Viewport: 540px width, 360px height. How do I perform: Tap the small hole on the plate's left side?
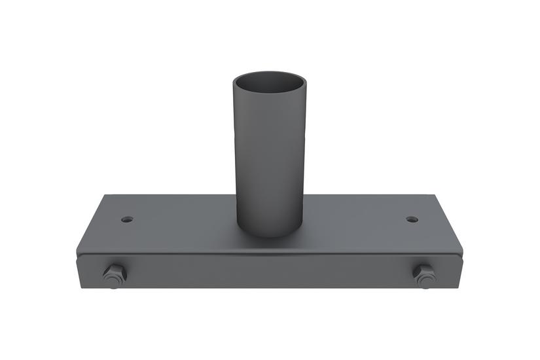127,219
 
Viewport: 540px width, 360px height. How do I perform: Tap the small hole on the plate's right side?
411,219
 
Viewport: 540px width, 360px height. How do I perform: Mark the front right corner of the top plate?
462,249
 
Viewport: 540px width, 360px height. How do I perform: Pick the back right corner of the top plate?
434,195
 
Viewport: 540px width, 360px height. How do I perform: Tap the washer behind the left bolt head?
115,283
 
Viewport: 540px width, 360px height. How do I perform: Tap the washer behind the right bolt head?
424,282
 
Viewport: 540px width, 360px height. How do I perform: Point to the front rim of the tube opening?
270,98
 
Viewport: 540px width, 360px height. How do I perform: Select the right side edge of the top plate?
448,223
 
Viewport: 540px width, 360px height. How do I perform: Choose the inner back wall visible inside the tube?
270,81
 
